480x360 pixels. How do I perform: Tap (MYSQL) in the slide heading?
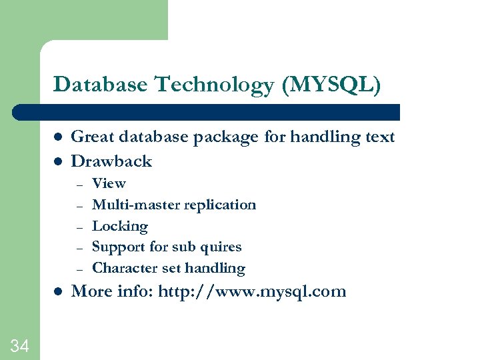(x=331, y=85)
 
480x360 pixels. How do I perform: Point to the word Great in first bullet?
(x=94, y=137)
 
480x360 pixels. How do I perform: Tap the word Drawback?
(x=111, y=161)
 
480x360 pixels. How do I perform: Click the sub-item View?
(x=109, y=183)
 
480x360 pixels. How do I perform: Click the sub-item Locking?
(x=120, y=227)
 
